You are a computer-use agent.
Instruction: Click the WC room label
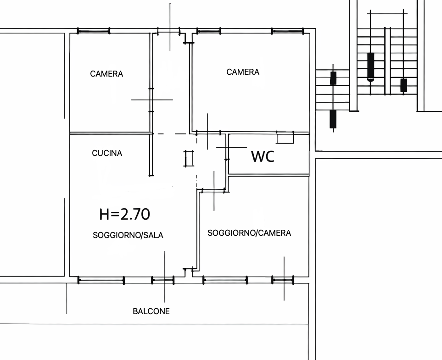pos(263,157)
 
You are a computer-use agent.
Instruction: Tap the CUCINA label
pos(107,153)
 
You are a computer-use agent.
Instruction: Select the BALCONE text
pos(151,311)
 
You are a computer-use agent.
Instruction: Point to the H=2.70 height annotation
pos(124,214)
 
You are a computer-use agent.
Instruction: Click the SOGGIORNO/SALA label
pos(128,235)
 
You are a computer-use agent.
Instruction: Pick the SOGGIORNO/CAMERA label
pos(249,233)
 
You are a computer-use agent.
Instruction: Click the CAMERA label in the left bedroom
pos(106,74)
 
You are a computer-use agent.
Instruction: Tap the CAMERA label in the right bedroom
pos(243,72)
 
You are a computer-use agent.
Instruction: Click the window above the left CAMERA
pos(94,31)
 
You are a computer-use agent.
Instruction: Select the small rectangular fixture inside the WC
pos(285,137)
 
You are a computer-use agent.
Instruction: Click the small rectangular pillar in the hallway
pos(189,159)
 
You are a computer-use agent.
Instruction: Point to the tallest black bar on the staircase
pos(371,66)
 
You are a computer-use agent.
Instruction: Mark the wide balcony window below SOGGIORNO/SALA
pos(101,280)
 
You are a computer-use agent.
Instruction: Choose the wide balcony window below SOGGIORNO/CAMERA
pos(225,280)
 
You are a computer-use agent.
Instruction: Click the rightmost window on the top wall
pos(287,31)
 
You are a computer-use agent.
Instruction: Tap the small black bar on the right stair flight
pos(403,85)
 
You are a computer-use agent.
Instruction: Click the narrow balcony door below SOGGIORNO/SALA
pos(162,280)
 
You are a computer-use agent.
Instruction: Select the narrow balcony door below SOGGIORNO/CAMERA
pos(283,280)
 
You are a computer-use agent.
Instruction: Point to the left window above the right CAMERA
pos(208,31)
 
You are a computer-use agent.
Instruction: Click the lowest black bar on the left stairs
pos(333,119)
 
